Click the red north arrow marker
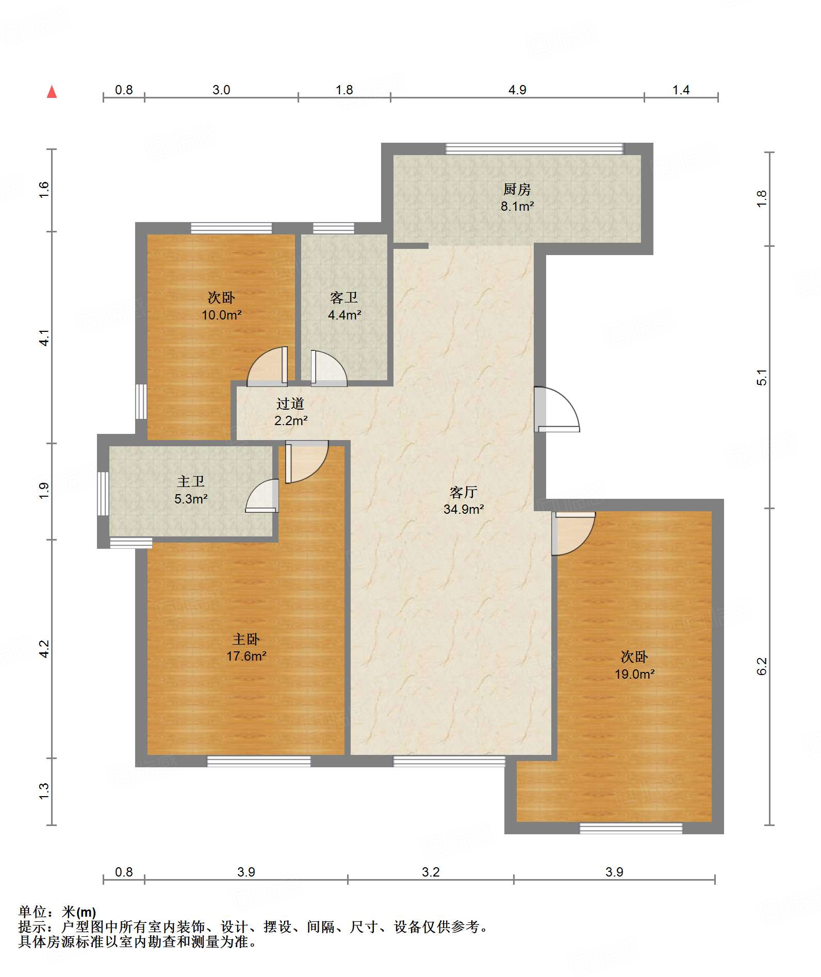click(52, 92)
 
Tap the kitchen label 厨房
click(517, 190)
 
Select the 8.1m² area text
click(517, 207)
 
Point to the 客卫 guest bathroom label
click(344, 298)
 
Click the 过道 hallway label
click(290, 403)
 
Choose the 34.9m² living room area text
click(464, 509)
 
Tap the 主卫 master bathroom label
click(191, 481)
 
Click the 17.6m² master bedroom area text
click(247, 656)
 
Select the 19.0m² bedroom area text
click(635, 674)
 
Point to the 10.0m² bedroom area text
click(222, 315)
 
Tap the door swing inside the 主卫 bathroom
click(262, 496)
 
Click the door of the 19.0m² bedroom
click(573, 533)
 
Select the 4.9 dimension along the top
click(517, 90)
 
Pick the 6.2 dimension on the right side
click(762, 666)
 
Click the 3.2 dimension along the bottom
click(431, 872)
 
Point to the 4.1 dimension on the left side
click(45, 338)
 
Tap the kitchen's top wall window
click(535, 149)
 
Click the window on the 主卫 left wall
click(103, 493)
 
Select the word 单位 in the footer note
click(32, 912)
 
